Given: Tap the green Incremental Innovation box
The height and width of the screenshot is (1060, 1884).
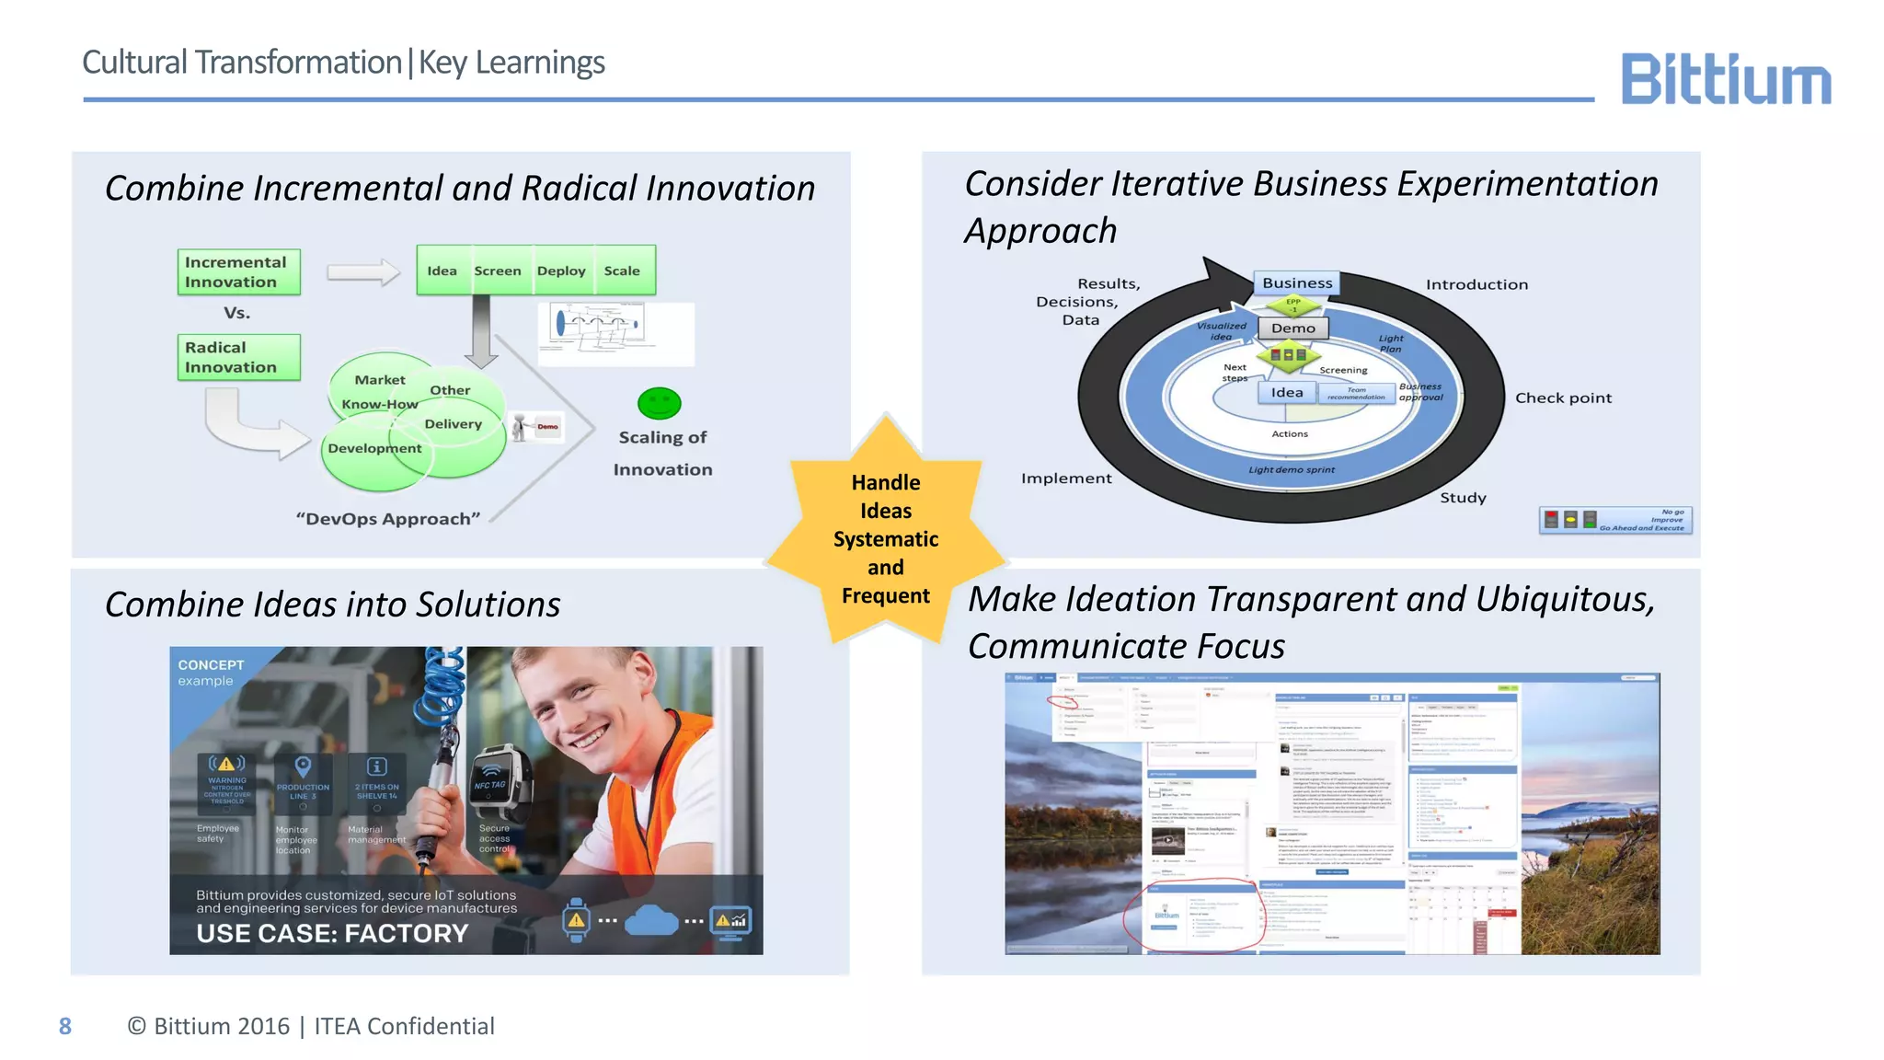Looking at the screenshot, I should coord(238,272).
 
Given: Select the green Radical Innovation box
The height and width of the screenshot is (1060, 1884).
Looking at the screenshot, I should coord(238,357).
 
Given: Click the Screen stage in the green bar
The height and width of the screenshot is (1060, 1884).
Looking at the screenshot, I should coord(498,271).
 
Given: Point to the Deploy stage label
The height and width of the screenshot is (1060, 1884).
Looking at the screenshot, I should coord(561,271).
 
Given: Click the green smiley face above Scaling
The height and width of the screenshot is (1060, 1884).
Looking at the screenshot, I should coord(659,403).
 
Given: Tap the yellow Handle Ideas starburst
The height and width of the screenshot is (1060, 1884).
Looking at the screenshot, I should coord(885,538).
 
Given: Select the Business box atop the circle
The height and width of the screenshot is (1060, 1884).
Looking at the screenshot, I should coord(1296,283).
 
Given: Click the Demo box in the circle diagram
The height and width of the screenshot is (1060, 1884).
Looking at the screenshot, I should coord(1292,328).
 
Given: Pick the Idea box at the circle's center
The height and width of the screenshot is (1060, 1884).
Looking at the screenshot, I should coord(1286,393).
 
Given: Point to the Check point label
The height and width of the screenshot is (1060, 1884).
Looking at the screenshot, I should coord(1563,397).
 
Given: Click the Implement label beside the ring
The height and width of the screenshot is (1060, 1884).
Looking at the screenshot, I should coord(1065,478).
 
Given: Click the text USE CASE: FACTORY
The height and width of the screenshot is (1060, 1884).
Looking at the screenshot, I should coord(332,933).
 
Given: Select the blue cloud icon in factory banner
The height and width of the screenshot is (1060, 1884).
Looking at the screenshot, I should coord(650,919).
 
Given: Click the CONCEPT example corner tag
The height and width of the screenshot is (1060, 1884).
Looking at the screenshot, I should coord(211,673).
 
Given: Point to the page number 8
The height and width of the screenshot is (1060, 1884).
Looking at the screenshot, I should coord(65,1026).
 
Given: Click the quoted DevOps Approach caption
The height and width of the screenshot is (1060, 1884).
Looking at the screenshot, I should coord(388,519).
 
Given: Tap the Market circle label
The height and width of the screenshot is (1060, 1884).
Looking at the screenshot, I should coord(379,380).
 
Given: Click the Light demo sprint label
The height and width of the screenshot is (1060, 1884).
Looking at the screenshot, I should coord(1291,470).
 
